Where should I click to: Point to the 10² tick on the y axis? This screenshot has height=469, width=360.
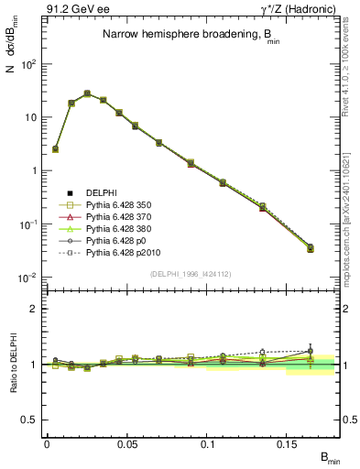coord(28,64)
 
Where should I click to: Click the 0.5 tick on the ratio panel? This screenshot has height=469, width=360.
coord(30,420)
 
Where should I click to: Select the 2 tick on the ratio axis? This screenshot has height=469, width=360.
coord(34,309)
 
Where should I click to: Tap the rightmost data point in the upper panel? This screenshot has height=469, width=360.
coord(311,248)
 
